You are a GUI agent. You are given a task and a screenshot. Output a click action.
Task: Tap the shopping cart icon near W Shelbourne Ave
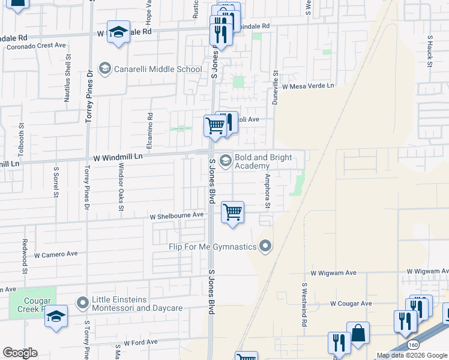232,212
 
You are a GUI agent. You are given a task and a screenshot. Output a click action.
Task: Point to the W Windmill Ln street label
118,157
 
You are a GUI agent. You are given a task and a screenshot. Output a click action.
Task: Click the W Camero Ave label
56,254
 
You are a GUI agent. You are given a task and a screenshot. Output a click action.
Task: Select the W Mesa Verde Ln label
307,86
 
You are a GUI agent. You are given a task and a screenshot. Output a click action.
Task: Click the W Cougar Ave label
351,304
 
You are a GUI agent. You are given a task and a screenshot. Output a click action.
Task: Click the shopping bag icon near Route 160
358,333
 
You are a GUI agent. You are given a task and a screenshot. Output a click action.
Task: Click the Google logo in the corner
20,353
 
